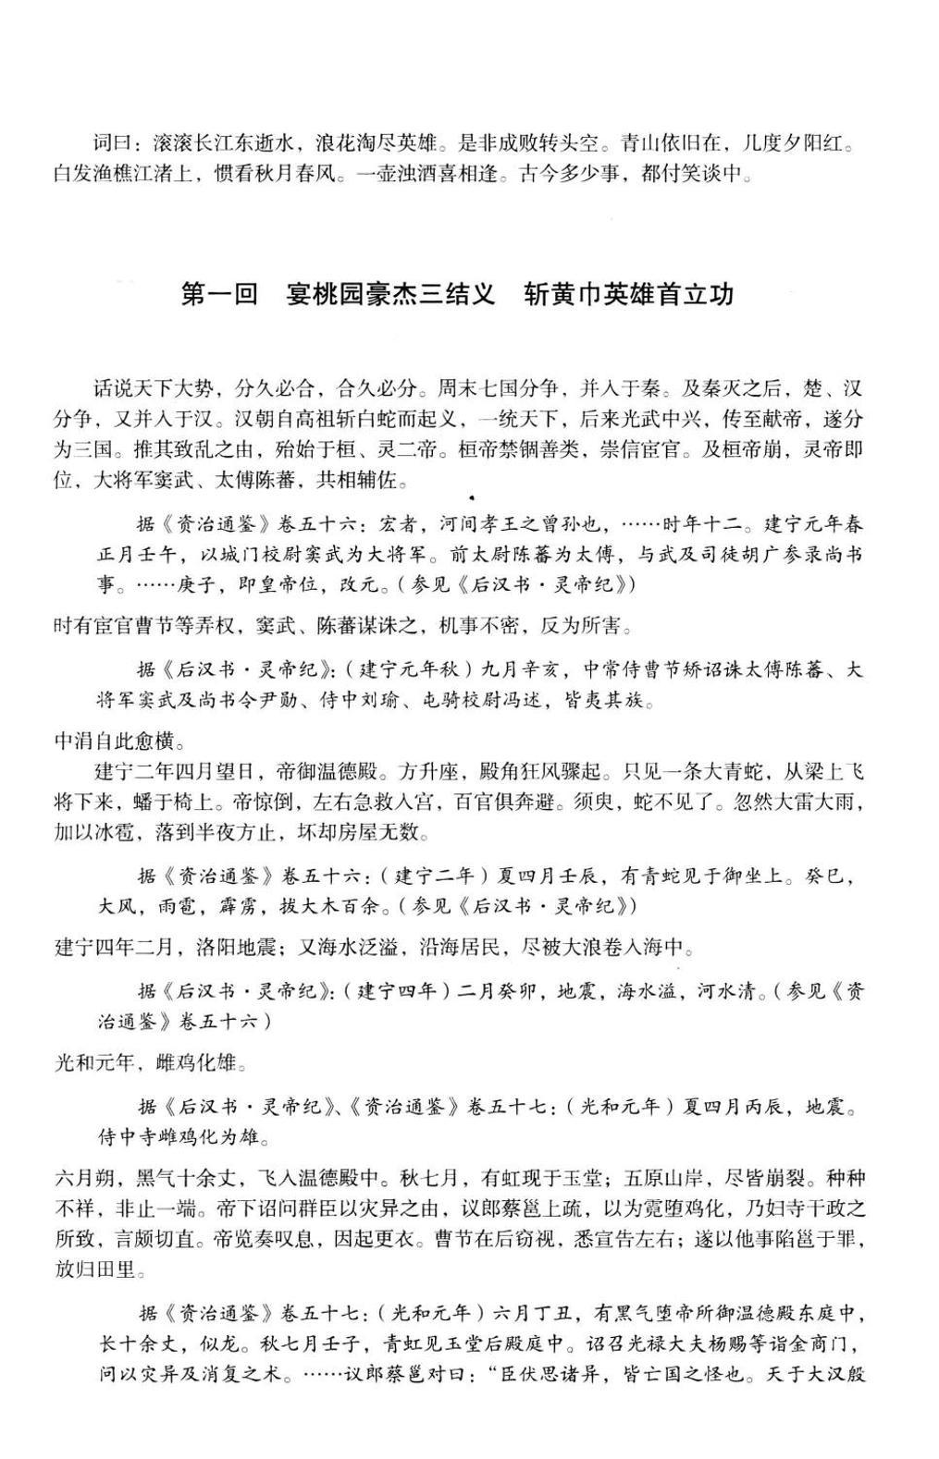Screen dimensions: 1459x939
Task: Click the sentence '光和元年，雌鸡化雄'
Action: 151,1063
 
